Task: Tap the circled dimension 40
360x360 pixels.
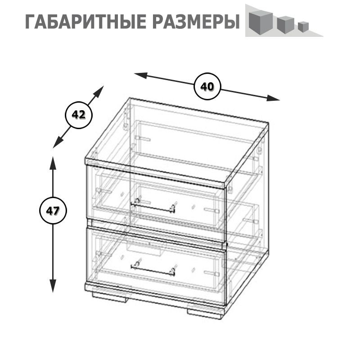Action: (x=207, y=86)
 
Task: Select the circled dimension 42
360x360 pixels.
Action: (x=79, y=115)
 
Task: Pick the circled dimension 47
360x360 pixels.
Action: (x=53, y=211)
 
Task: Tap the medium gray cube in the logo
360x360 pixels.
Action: (x=285, y=24)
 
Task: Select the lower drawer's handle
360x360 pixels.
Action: (x=153, y=269)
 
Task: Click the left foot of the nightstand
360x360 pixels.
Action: (x=110, y=297)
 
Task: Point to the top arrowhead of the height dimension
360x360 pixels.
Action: (x=53, y=163)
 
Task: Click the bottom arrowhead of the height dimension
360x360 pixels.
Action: (x=53, y=286)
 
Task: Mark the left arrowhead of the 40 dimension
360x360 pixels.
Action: (x=141, y=75)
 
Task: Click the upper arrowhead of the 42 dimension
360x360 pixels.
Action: (x=99, y=91)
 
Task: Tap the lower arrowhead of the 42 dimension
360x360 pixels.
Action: (x=58, y=143)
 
